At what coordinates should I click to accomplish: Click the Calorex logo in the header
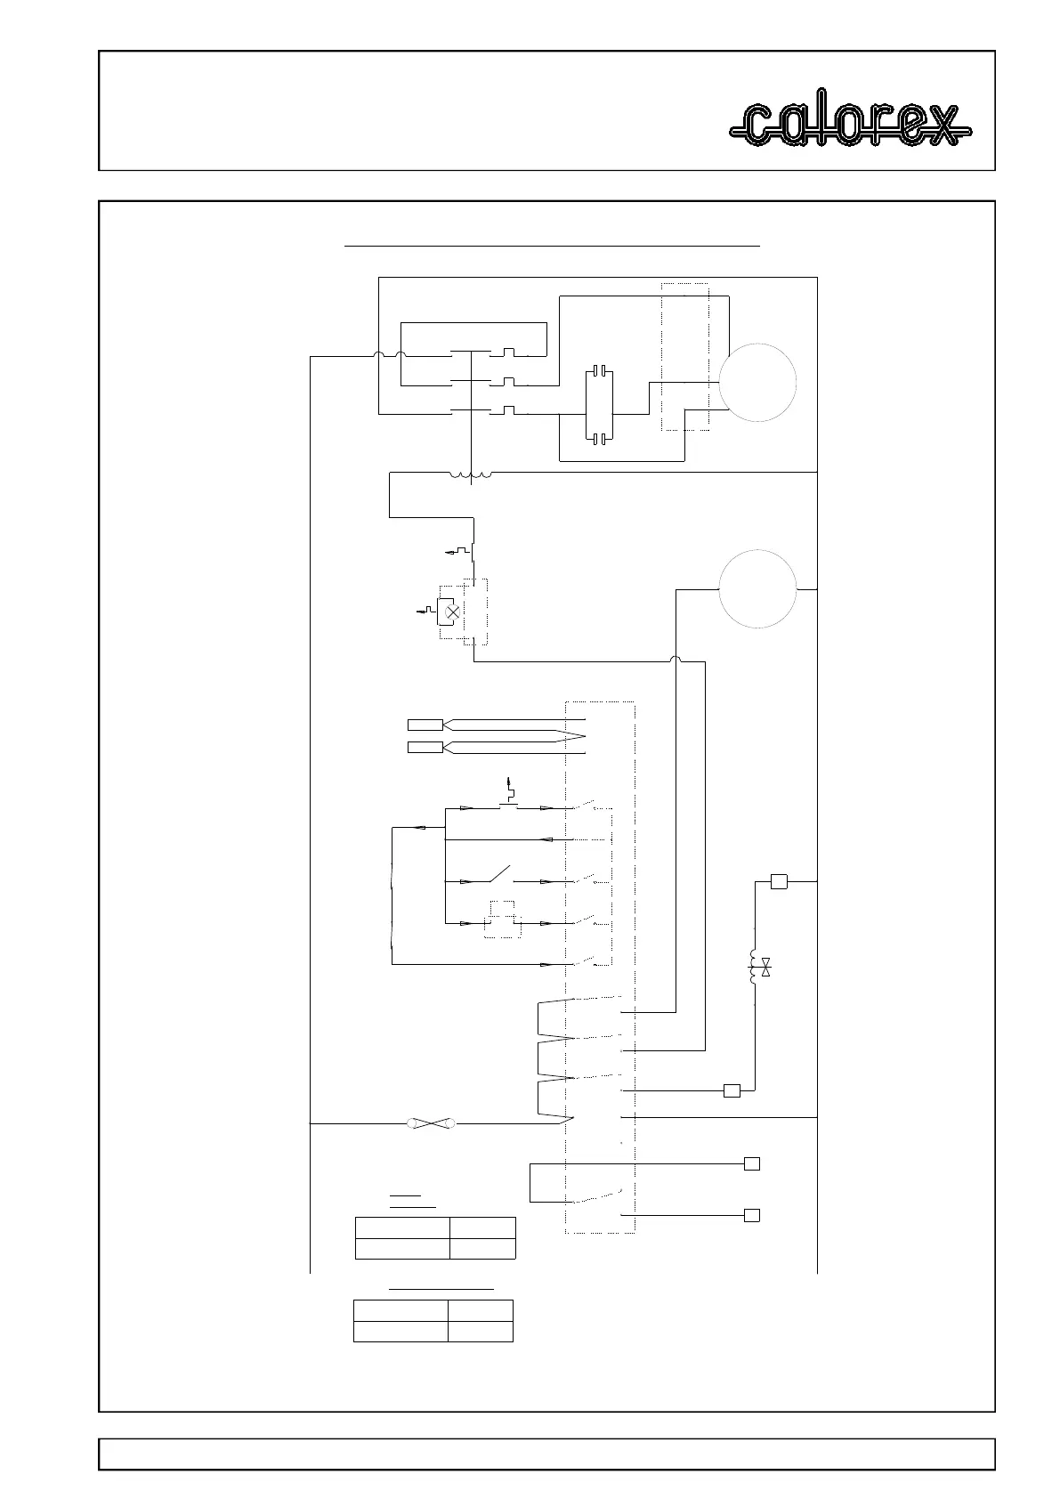point(850,124)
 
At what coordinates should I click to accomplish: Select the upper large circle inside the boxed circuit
point(757,384)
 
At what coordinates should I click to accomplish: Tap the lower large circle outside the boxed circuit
point(757,589)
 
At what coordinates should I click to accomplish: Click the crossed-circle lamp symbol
point(452,612)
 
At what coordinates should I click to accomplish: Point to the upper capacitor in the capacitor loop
point(601,369)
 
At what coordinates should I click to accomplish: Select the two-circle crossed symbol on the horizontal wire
point(431,1124)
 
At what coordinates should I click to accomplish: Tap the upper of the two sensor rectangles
point(425,724)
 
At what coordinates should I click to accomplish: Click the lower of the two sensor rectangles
point(425,747)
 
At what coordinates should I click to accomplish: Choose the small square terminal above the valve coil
point(779,881)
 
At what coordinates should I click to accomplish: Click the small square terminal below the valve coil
point(732,1090)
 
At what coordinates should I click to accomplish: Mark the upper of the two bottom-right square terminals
point(752,1163)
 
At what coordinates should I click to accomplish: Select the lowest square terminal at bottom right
point(752,1215)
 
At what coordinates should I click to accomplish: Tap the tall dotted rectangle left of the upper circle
point(684,356)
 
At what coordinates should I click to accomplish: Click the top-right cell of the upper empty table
point(481,1227)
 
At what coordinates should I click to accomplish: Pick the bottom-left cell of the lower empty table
point(401,1331)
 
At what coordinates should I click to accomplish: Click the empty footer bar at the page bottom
point(546,1454)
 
